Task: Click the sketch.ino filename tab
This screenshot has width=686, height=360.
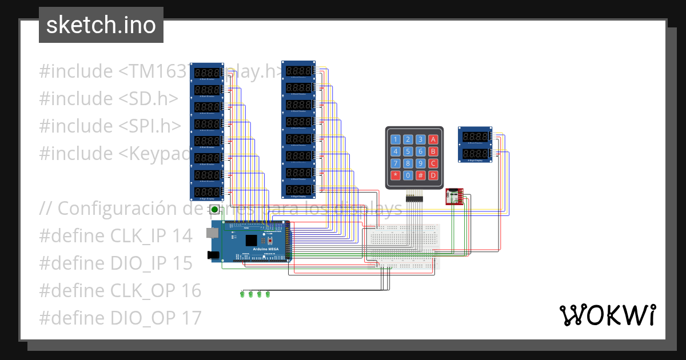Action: (101, 25)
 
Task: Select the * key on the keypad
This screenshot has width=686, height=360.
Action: (395, 175)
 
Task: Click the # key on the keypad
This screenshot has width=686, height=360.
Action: (420, 175)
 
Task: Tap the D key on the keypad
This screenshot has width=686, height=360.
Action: (433, 175)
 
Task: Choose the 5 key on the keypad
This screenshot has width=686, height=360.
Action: (408, 151)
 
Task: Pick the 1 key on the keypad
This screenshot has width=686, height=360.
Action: (395, 139)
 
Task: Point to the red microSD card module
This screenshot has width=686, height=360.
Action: (454, 197)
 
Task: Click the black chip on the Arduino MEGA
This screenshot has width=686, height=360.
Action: (252, 241)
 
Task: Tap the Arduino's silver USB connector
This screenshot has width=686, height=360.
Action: (212, 233)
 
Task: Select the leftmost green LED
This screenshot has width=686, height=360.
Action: (242, 294)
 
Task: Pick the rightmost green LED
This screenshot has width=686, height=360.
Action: (268, 294)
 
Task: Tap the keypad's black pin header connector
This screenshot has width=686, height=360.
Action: (414, 198)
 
